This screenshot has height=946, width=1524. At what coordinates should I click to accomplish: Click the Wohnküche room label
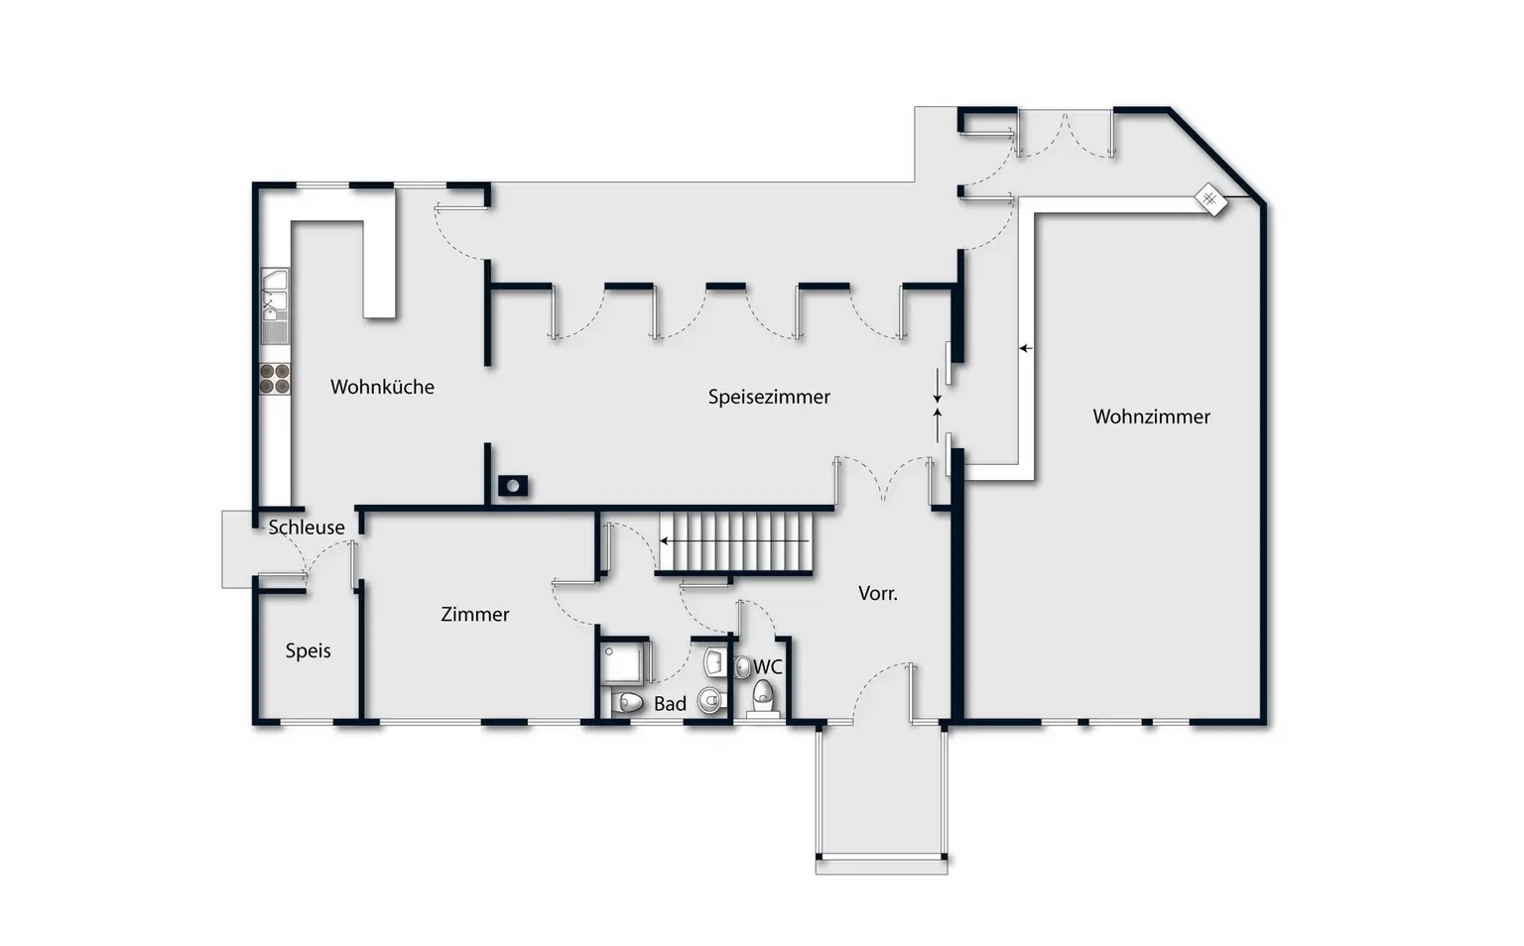coord(382,387)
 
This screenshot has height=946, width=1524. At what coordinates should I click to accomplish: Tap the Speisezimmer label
coord(769,398)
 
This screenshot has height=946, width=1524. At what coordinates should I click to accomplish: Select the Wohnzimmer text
coord(1151,416)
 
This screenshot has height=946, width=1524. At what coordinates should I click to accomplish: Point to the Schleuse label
coord(307,528)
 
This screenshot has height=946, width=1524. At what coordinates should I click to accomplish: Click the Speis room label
coord(309,650)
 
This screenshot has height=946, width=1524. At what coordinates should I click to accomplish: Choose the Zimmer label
coord(475,614)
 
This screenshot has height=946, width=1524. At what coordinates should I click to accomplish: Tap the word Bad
coord(670,704)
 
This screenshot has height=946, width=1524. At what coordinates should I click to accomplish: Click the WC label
coord(767,666)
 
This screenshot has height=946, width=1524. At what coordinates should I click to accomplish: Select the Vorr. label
coord(878,594)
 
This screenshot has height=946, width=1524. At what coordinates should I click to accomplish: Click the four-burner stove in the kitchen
coord(275,379)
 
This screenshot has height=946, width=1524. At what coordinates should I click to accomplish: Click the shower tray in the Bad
coord(622,661)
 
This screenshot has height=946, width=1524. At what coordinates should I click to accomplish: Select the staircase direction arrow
coord(734,541)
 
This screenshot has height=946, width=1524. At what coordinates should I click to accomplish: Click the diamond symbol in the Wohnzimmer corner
coord(1211,199)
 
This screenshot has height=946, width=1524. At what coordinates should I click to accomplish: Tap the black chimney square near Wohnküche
coord(513,486)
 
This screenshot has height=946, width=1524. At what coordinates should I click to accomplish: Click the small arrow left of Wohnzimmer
coord(1025,349)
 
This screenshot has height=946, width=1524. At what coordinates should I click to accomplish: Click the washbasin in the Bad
coord(713,661)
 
